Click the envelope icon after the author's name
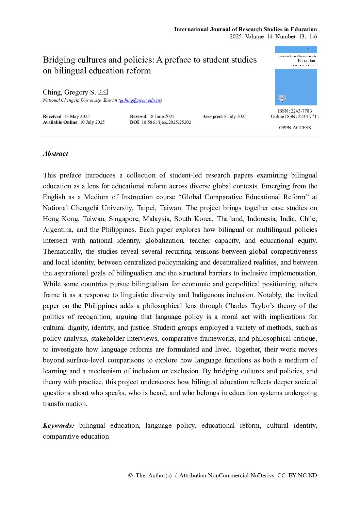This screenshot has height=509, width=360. pyautogui.click(x=102, y=92)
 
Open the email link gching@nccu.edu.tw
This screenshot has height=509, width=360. pyautogui.click(x=140, y=100)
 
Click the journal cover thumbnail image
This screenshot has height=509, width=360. pyautogui.click(x=296, y=75)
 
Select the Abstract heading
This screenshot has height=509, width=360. pyautogui.click(x=55, y=154)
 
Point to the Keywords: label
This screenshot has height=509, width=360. pyautogui.click(x=59, y=426)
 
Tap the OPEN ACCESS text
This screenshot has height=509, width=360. pyautogui.click(x=295, y=128)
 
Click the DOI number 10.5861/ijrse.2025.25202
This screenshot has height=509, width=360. pyautogui.click(x=166, y=122)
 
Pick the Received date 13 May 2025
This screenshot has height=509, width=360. pyautogui.click(x=77, y=117)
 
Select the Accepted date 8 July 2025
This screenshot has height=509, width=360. pyautogui.click(x=235, y=117)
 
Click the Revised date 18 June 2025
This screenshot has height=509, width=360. pyautogui.click(x=162, y=117)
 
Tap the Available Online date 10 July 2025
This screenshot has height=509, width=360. pyautogui.click(x=92, y=122)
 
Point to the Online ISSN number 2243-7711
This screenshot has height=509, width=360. pyautogui.click(x=308, y=117)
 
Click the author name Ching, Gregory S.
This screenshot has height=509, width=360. pyautogui.click(x=69, y=92)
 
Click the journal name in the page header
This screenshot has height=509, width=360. pyautogui.click(x=245, y=30)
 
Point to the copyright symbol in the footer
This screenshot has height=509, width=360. pyautogui.click(x=130, y=476)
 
